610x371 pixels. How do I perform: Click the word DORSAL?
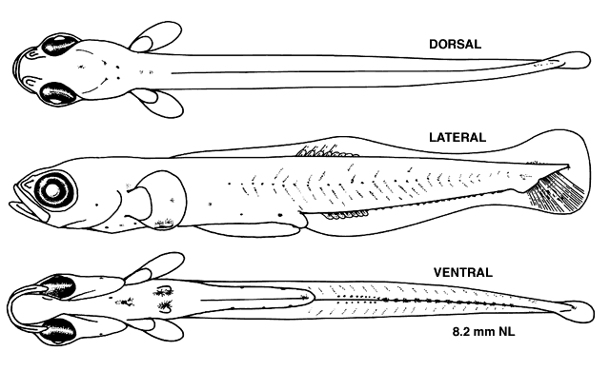click(455, 45)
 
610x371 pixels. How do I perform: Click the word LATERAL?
click(457, 137)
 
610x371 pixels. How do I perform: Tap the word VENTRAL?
click(463, 272)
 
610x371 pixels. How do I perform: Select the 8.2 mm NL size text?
click(483, 332)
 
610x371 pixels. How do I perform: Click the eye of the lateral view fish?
click(53, 190)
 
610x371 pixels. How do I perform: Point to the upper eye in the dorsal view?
click(59, 46)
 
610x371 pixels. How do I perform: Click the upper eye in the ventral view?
click(58, 286)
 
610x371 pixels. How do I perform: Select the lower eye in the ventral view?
click(58, 331)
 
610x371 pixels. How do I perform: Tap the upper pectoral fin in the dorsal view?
click(155, 37)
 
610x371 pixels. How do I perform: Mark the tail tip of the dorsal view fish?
click(589, 61)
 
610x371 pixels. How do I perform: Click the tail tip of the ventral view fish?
click(593, 312)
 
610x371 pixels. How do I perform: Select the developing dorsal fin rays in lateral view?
click(326, 151)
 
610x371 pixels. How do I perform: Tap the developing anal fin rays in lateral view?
click(346, 214)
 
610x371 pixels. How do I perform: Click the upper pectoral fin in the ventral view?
click(154, 267)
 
